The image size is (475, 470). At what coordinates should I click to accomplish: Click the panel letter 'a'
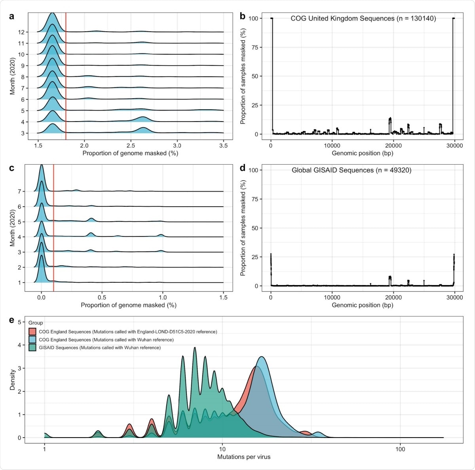pyautogui.click(x=12, y=16)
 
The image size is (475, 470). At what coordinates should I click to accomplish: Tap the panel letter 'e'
pyautogui.click(x=12, y=320)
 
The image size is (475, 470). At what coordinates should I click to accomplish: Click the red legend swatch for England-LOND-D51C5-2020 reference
pyautogui.click(x=32, y=332)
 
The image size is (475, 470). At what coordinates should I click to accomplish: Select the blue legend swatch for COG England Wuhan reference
pyautogui.click(x=32, y=340)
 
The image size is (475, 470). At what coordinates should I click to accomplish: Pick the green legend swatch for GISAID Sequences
pyautogui.click(x=32, y=348)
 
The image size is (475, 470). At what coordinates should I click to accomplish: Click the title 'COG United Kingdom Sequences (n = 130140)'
pyautogui.click(x=363, y=19)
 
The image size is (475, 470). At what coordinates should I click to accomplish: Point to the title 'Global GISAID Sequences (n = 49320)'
pyautogui.click(x=351, y=170)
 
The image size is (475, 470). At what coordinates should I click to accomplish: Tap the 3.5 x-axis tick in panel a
pyautogui.click(x=224, y=146)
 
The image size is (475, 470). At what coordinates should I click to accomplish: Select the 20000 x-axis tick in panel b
pyautogui.click(x=393, y=146)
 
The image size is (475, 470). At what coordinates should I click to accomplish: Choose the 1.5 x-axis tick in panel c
pyautogui.click(x=224, y=297)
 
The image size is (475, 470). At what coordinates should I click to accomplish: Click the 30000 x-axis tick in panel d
pyautogui.click(x=454, y=297)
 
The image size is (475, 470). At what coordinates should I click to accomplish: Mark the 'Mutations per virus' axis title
pyautogui.click(x=244, y=457)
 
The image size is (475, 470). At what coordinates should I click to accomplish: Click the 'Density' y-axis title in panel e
pyautogui.click(x=12, y=380)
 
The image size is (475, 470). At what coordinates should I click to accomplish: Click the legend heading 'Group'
pyautogui.click(x=36, y=323)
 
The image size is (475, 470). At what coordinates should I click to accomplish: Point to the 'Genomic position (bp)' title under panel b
pyautogui.click(x=362, y=153)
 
